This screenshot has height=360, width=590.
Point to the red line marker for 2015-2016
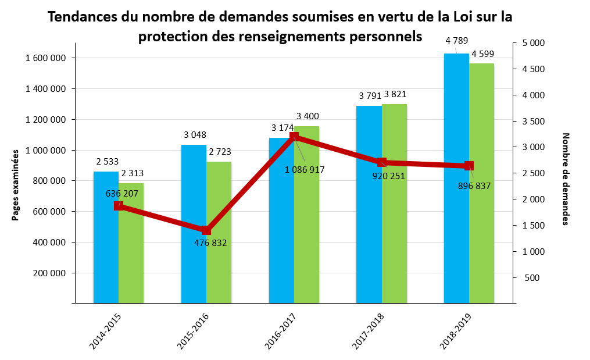(x=206, y=230)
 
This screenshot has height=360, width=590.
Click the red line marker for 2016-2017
(x=294, y=137)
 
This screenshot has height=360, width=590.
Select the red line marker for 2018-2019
(x=469, y=166)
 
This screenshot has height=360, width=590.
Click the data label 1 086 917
(x=305, y=170)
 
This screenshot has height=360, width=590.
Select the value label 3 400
(x=307, y=116)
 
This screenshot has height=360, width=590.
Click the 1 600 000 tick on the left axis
(x=46, y=58)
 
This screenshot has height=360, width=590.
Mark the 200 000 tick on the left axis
(x=49, y=273)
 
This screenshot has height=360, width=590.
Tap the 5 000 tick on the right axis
(x=533, y=43)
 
